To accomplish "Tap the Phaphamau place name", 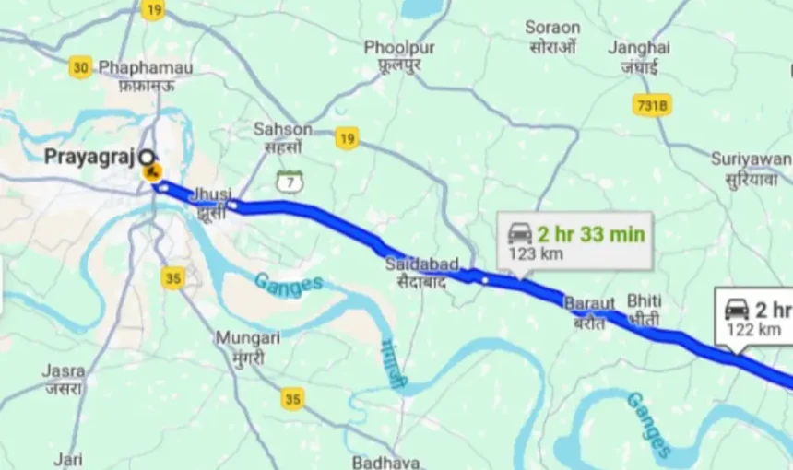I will point(146,68).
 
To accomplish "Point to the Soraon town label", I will point(552,28).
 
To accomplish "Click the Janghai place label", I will point(639,47).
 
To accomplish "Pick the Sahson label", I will point(283,129).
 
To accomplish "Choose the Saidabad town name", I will point(421,264).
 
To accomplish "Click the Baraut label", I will point(588,302).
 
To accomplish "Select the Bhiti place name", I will point(645,300).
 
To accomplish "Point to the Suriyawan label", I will point(751,159).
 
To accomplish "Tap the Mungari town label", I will point(248,338).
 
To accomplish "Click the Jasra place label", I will point(64,370).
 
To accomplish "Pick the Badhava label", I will point(386,462).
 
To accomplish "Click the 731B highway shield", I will point(652,105).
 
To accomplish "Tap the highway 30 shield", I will point(81,66).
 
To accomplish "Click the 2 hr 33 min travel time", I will point(590,233).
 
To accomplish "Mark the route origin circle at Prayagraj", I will point(146,156).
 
